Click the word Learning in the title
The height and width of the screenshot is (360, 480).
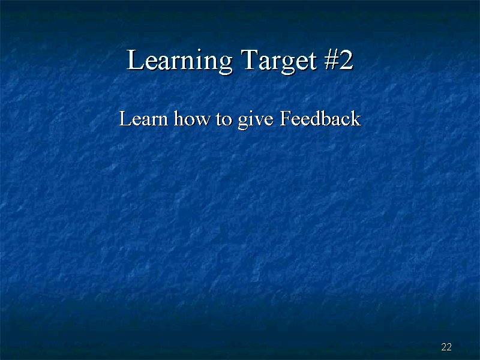coord(179,61)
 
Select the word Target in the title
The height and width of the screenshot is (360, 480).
coord(278,62)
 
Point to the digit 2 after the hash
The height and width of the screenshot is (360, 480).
coord(346,59)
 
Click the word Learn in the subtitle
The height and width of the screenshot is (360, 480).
coord(143,118)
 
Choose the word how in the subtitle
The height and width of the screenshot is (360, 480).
coord(192,118)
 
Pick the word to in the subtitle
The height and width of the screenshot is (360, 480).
coord(224,119)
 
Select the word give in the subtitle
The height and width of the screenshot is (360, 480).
coord(256,120)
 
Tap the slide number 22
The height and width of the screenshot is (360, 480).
coord(446,347)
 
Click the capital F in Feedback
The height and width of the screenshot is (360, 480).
coord(286,118)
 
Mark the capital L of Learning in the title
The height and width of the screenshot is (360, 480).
coord(135,59)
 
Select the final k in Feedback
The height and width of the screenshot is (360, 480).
coord(356,118)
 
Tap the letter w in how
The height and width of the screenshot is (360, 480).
coord(204,121)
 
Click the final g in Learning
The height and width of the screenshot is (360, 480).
coord(226,65)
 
